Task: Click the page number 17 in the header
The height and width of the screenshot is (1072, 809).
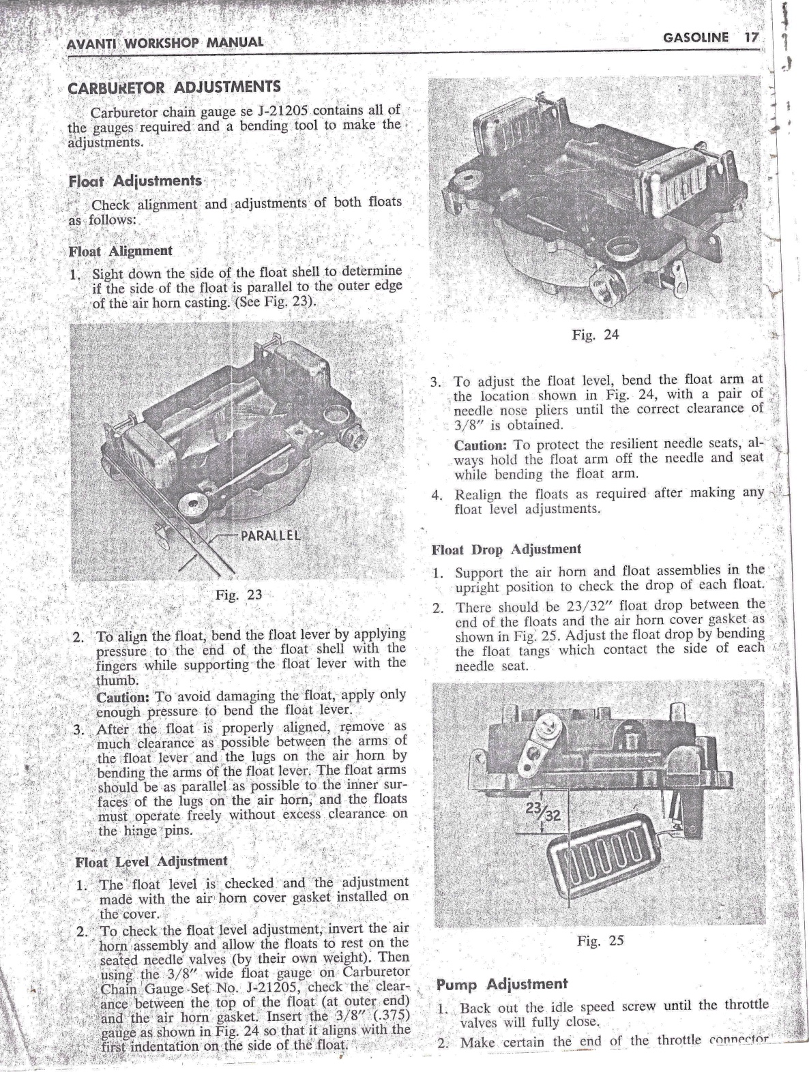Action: [750, 38]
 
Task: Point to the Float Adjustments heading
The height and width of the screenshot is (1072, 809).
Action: [135, 181]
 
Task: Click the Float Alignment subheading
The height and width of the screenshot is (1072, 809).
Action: [120, 251]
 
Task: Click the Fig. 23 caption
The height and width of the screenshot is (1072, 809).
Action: [238, 594]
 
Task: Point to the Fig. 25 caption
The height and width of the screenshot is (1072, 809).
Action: [600, 941]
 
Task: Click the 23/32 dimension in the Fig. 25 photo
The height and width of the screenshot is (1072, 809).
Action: [541, 812]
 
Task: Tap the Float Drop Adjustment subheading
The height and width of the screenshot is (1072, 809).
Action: [507, 549]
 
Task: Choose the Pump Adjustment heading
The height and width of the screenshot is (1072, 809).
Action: [501, 984]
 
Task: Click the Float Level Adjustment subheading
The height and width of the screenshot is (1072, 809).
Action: [151, 862]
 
